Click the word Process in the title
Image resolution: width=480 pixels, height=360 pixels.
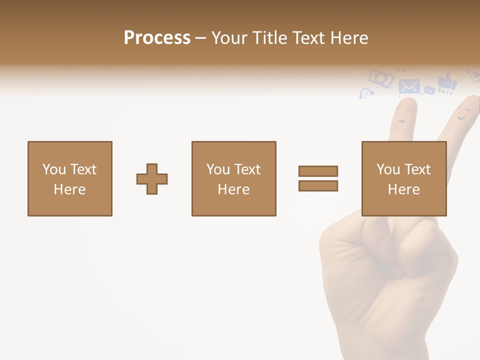coord(157,38)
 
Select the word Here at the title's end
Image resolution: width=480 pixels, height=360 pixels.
coord(348,38)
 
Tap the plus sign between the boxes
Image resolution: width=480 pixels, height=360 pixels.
coord(152,179)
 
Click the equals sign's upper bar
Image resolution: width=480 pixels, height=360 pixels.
coord(318,171)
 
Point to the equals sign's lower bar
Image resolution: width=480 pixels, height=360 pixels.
coord(318,185)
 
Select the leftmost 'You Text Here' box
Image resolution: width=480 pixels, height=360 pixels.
coord(70,178)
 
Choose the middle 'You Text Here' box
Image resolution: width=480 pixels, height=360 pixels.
coord(233,178)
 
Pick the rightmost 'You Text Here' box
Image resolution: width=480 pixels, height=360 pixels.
coord(404,178)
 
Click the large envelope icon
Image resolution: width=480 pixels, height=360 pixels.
coord(409,86)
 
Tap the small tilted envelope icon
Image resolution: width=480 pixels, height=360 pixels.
coord(429,90)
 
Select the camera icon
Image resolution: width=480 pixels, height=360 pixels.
coord(381,77)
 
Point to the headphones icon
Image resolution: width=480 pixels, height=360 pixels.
coord(366,93)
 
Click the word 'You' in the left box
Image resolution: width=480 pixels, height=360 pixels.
coord(54,169)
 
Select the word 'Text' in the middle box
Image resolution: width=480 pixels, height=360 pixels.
coord(247,169)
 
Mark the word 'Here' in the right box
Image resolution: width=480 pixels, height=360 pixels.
coord(404,189)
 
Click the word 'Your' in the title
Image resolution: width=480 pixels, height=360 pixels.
coord(230,38)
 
